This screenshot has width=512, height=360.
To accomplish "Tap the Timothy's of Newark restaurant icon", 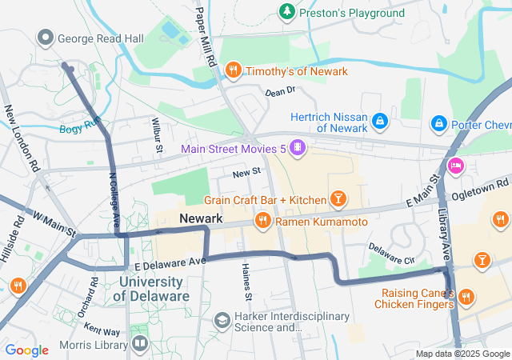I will [x=234, y=70].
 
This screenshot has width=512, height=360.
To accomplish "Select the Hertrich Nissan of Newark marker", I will [x=379, y=122].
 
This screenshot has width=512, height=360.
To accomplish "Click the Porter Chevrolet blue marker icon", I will [x=438, y=124].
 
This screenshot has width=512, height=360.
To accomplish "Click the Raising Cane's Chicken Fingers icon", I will [x=467, y=298].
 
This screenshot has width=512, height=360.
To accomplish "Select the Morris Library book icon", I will [x=140, y=344].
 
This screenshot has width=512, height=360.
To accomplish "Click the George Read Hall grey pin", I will [x=46, y=37].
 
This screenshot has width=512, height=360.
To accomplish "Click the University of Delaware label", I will [x=155, y=289].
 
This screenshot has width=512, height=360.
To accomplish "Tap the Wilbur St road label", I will [x=157, y=133].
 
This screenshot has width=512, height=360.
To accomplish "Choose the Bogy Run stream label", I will [x=79, y=126].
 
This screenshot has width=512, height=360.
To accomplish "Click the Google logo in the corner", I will [x=26, y=350].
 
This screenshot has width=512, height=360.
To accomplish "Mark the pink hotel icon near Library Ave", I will [x=456, y=166].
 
